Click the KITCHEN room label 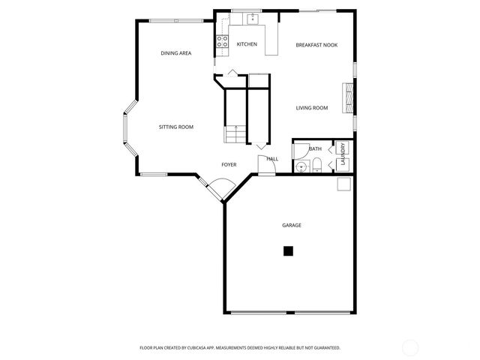pyautogui.click(x=247, y=44)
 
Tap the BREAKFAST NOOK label pyautogui.click(x=316, y=45)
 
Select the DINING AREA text pyautogui.click(x=176, y=53)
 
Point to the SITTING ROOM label pyautogui.click(x=176, y=127)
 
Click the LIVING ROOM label pyautogui.click(x=312, y=108)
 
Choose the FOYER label pyautogui.click(x=229, y=164)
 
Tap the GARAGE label pyautogui.click(x=292, y=225)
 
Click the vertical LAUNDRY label pyautogui.click(x=343, y=154)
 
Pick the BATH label pyautogui.click(x=315, y=149)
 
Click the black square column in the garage pyautogui.click(x=288, y=251)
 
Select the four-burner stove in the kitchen pyautogui.click(x=223, y=43)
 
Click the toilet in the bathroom pyautogui.click(x=317, y=166)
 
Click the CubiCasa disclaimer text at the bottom pyautogui.click(x=240, y=348)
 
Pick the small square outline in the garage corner pyautogui.click(x=343, y=184)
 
